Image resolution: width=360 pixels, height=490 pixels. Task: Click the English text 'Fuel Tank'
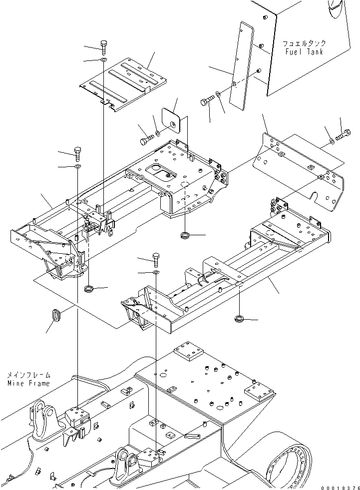coord(305,51)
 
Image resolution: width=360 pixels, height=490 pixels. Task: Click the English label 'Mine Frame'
coord(29,383)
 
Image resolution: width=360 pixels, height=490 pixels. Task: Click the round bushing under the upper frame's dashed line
coord(185,235)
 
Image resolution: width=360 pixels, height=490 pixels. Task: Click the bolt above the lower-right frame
coord(156,259)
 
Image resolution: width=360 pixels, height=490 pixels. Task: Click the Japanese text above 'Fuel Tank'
coord(304,43)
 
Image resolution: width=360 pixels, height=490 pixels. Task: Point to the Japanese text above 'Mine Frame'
coord(29,375)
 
